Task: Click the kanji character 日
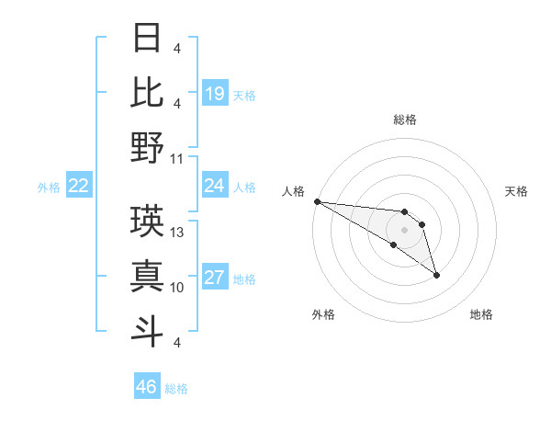click(x=147, y=38)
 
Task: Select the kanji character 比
click(x=147, y=92)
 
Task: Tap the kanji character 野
click(x=147, y=147)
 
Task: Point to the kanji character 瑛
click(x=147, y=222)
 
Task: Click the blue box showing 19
click(x=215, y=93)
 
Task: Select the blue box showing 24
click(x=215, y=187)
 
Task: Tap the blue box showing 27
click(x=215, y=279)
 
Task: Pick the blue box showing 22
click(x=78, y=187)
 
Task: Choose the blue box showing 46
click(x=147, y=387)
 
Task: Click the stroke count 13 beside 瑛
click(x=178, y=233)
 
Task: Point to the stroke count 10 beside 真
click(x=178, y=288)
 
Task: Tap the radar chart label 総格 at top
click(x=405, y=119)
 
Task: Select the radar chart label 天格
click(x=516, y=191)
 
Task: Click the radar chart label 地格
click(x=481, y=314)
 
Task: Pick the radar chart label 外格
click(x=323, y=314)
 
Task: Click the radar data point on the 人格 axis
click(x=317, y=201)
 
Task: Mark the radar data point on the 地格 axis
click(x=436, y=275)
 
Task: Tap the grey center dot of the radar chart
click(x=405, y=229)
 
